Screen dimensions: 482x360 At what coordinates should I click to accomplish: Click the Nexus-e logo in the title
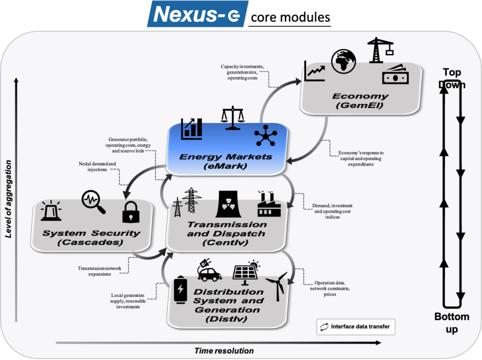[x=197, y=14]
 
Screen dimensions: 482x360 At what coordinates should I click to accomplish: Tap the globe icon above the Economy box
[x=343, y=62]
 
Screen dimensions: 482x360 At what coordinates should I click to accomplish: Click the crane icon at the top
[x=380, y=50]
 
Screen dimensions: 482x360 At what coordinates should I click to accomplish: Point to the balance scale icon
[x=233, y=118]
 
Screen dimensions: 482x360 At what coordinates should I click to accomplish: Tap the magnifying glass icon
[x=94, y=202]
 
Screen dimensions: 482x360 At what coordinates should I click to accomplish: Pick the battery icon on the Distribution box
[x=180, y=290]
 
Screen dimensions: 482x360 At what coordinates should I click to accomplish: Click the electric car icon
[x=209, y=270]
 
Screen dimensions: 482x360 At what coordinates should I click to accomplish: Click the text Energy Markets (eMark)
[x=225, y=161]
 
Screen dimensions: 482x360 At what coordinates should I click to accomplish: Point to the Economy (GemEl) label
[x=360, y=101]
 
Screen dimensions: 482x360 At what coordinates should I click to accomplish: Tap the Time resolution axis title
[x=224, y=351]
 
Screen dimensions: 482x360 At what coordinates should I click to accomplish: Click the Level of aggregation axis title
[x=8, y=199]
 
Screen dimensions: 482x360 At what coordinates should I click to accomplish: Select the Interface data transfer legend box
[x=356, y=327]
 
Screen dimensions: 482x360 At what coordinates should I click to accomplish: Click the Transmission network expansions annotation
[x=99, y=271]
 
